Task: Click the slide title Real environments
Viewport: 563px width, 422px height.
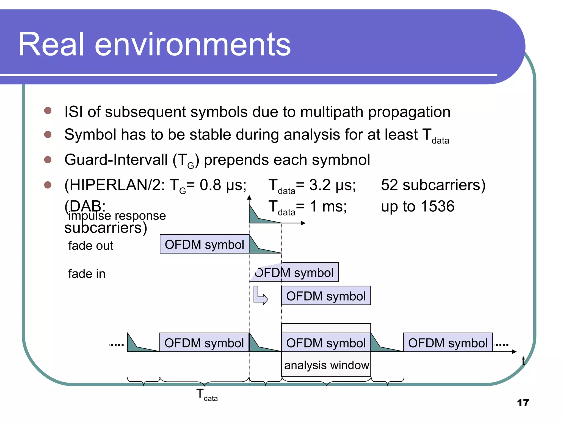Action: pos(154,44)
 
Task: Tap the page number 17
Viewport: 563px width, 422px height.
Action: pos(523,402)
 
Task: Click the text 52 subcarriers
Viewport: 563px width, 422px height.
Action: pos(433,185)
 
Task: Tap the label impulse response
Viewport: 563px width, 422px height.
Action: pos(117,216)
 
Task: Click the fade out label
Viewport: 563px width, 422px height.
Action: pos(91,246)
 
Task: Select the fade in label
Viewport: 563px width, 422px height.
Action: pos(87,274)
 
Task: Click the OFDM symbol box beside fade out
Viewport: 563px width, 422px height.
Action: pos(204,244)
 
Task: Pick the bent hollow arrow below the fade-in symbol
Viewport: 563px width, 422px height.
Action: pos(260,296)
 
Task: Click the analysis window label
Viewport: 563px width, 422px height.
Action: pos(326,365)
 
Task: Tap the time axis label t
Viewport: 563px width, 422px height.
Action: pos(523,361)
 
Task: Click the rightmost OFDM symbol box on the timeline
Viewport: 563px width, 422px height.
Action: pos(448,343)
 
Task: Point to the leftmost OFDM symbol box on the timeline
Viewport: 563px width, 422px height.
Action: pos(204,343)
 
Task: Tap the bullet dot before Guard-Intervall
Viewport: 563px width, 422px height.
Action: pos(48,160)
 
